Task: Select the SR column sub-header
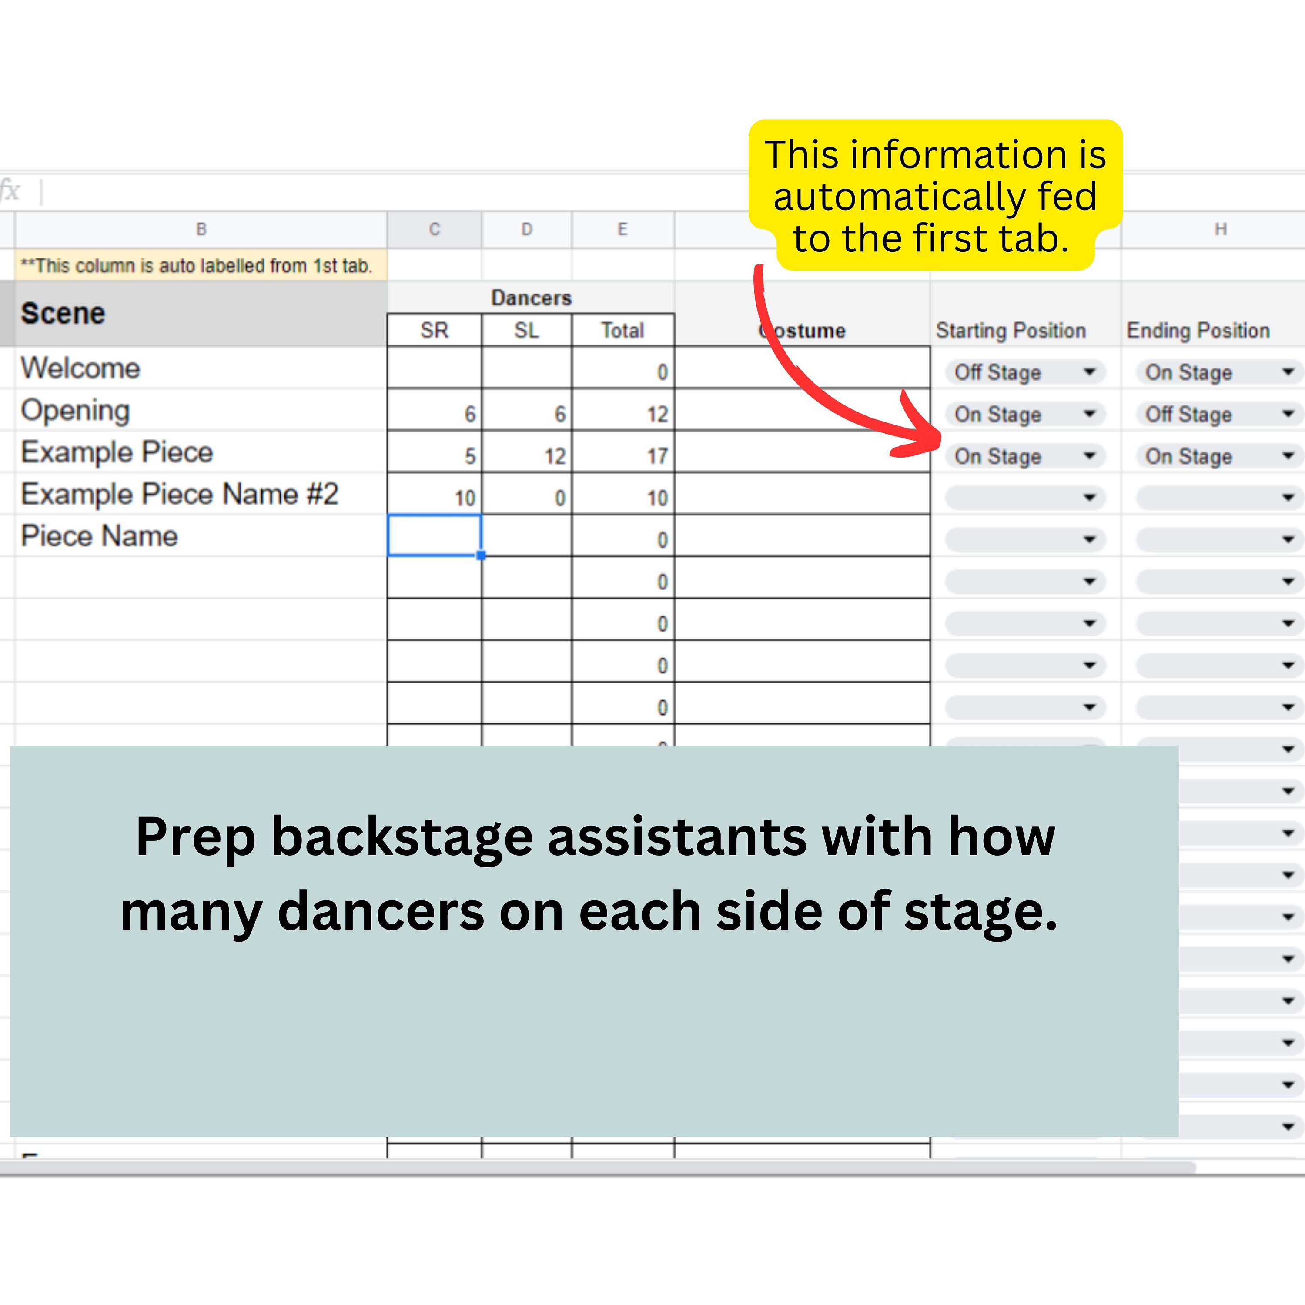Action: click(x=434, y=330)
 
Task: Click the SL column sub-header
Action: click(x=526, y=330)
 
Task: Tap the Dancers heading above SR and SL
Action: click(x=531, y=298)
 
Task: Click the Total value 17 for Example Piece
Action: click(x=656, y=456)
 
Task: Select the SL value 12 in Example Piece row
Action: click(x=555, y=456)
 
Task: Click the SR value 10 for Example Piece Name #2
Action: click(x=465, y=498)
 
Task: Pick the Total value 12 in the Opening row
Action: click(x=656, y=414)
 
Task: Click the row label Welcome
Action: click(x=80, y=368)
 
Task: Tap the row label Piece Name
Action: click(x=99, y=535)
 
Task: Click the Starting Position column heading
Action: click(x=1011, y=330)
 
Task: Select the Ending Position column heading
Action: click(x=1198, y=330)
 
